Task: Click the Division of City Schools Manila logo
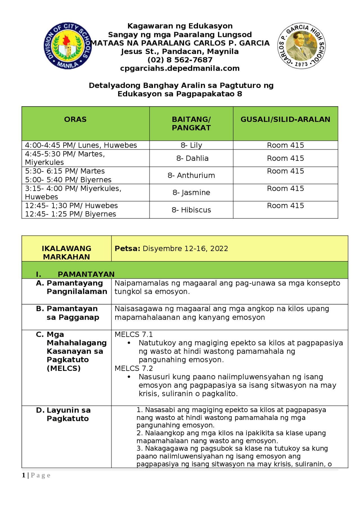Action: pyautogui.click(x=67, y=46)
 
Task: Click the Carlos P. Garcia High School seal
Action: pyautogui.click(x=301, y=46)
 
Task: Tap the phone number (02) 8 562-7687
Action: pyautogui.click(x=180, y=60)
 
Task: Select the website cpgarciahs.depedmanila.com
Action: pyautogui.click(x=180, y=68)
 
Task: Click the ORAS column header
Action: pyautogui.click(x=75, y=119)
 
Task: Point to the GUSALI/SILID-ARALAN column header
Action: pyautogui.click(x=285, y=119)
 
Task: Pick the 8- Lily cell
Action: pyautogui.click(x=191, y=145)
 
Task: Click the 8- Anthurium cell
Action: pyautogui.click(x=191, y=175)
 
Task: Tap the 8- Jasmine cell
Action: pyautogui.click(x=191, y=193)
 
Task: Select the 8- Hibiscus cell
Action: pyautogui.click(x=191, y=210)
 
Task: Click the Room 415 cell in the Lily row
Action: pyautogui.click(x=285, y=145)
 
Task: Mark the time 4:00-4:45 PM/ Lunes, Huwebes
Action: pyautogui.click(x=81, y=145)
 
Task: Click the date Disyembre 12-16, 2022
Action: pyautogui.click(x=185, y=248)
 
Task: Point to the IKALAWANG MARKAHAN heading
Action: pyautogui.click(x=66, y=252)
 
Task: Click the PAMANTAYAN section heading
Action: pyautogui.click(x=86, y=274)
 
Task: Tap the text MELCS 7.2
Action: pyautogui.click(x=134, y=368)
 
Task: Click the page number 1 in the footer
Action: pyautogui.click(x=24, y=475)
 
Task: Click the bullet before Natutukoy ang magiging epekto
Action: pyautogui.click(x=129, y=343)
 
